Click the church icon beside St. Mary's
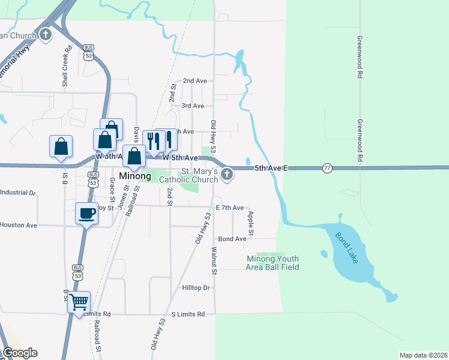coord(226,175)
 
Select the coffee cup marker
coord(87,213)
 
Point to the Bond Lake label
coord(346,244)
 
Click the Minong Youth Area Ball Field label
coord(273,262)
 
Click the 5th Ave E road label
coord(271,169)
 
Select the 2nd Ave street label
coord(194,80)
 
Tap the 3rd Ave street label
coord(193,106)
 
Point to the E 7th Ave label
coord(229,208)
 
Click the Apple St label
coord(250,223)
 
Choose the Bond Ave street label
coord(232,239)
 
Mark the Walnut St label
coord(214,260)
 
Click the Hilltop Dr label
coord(197,288)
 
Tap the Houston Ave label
coord(19,225)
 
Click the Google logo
coord(20,353)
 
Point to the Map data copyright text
coord(423,355)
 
